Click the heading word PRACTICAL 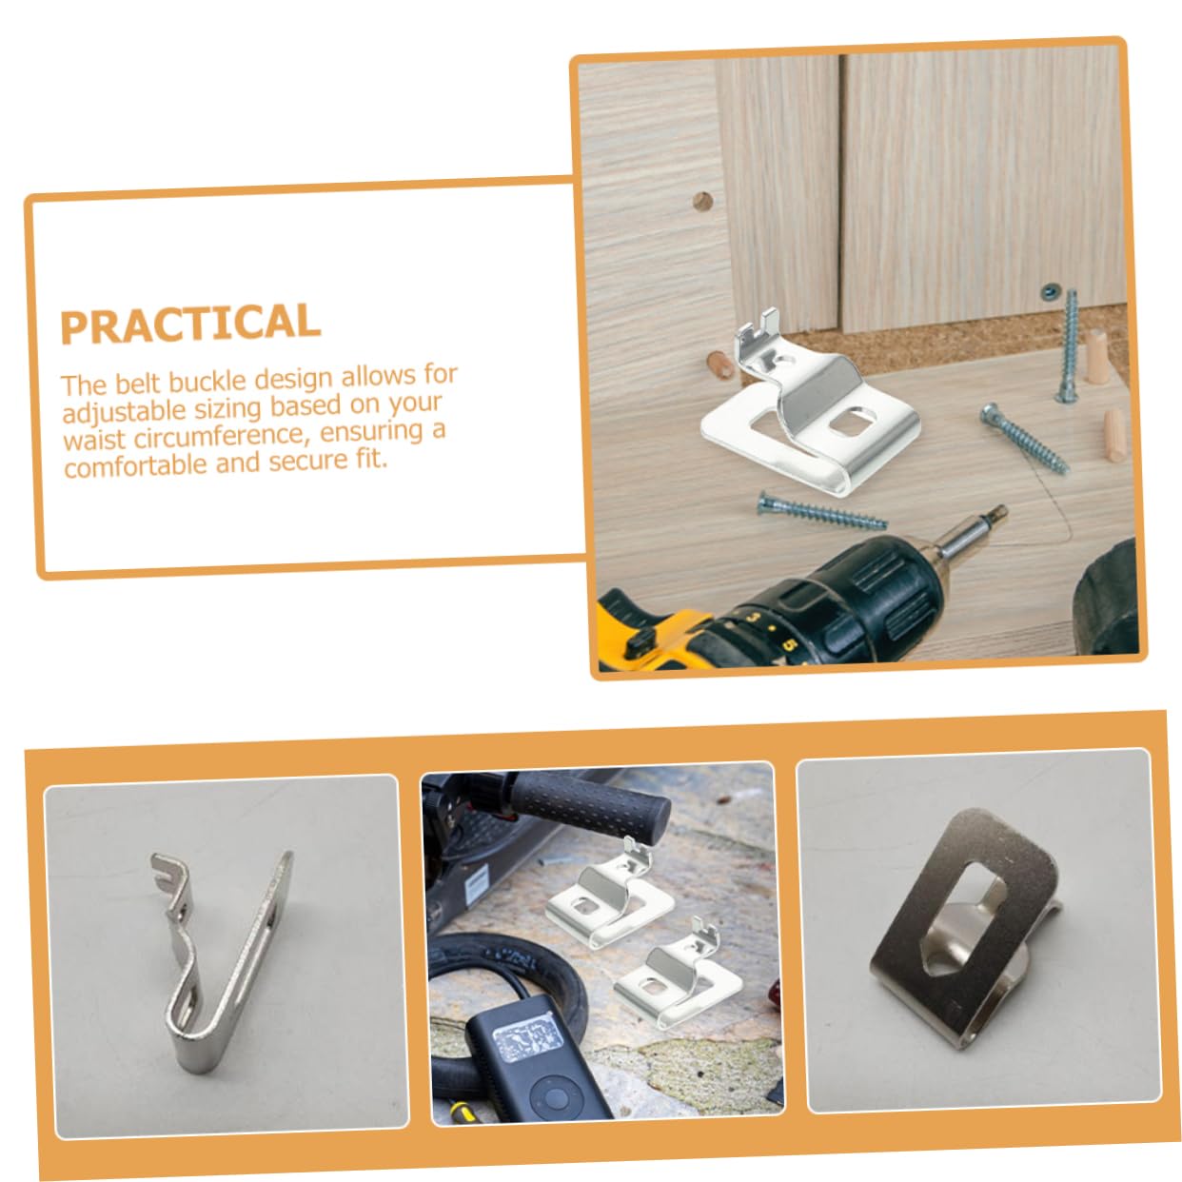click(190, 325)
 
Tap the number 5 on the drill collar click(790, 644)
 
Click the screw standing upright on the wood click(1069, 346)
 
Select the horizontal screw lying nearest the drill click(821, 511)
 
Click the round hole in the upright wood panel click(702, 201)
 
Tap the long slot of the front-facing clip click(964, 917)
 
